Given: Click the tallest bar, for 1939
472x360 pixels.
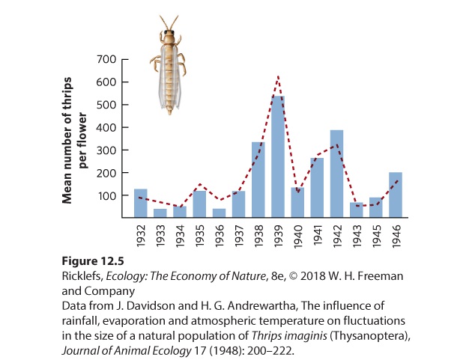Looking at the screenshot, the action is (x=278, y=156).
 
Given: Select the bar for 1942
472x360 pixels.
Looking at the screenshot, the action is (x=336, y=174).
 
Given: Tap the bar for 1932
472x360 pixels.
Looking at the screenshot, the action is (x=141, y=203).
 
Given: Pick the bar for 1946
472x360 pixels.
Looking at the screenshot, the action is (x=396, y=195).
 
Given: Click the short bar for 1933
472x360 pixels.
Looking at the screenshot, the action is (x=160, y=213).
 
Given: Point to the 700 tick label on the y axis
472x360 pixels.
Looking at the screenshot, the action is (x=106, y=59).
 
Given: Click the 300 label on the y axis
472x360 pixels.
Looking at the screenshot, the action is (x=106, y=150).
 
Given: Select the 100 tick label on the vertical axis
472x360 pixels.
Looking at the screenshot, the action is (x=106, y=195).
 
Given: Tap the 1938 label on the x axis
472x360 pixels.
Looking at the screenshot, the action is (x=259, y=236).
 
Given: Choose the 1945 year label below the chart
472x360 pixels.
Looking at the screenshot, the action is (x=377, y=236).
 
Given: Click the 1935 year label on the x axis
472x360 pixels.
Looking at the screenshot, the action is (x=200, y=236).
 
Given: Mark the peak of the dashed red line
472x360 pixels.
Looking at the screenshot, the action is (x=278, y=76).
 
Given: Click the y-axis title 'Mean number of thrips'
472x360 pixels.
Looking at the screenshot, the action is (x=67, y=141).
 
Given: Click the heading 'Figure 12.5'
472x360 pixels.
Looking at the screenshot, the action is (x=93, y=260).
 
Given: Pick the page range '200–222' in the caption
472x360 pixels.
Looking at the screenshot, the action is (x=270, y=350).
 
